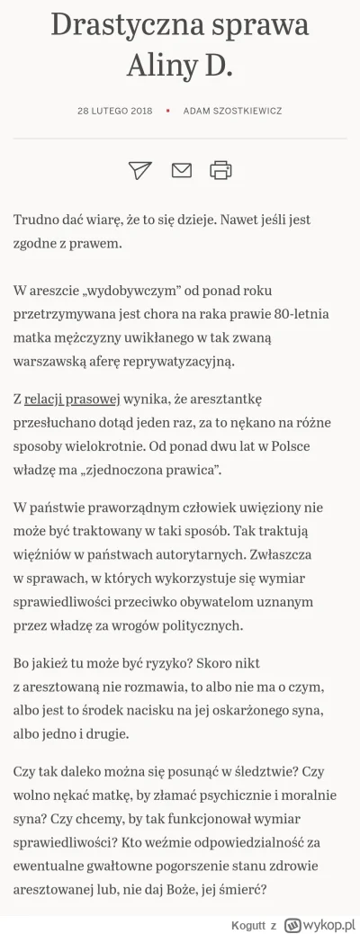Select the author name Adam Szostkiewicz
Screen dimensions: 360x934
coord(232,111)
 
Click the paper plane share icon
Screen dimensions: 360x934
coord(139,169)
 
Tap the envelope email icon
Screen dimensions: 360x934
coord(181,169)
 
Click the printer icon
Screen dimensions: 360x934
coord(220,169)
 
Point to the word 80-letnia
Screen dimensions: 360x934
coord(303,314)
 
